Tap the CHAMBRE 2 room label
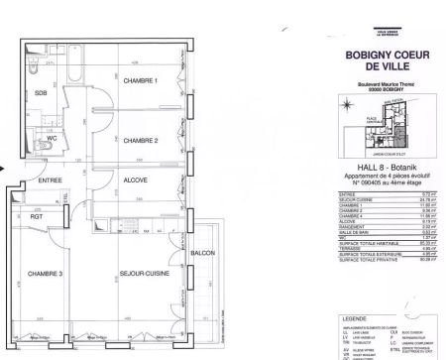pos(141,142)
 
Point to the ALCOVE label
pos(136,180)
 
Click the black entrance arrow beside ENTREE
pos(5,169)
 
